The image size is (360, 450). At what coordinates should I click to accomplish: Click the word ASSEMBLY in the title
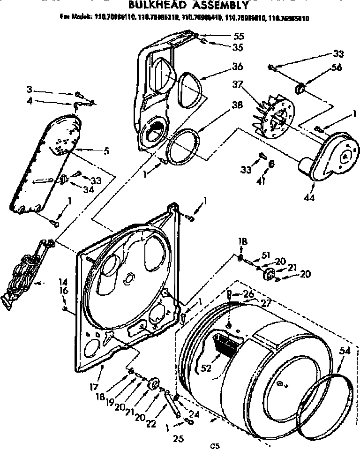coord(216,6)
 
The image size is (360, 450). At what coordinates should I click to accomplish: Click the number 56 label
coord(336,67)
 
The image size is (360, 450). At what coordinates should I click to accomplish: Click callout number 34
coord(89,189)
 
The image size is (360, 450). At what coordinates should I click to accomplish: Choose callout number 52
coord(205,367)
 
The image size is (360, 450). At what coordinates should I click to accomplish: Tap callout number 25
coord(179,439)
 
